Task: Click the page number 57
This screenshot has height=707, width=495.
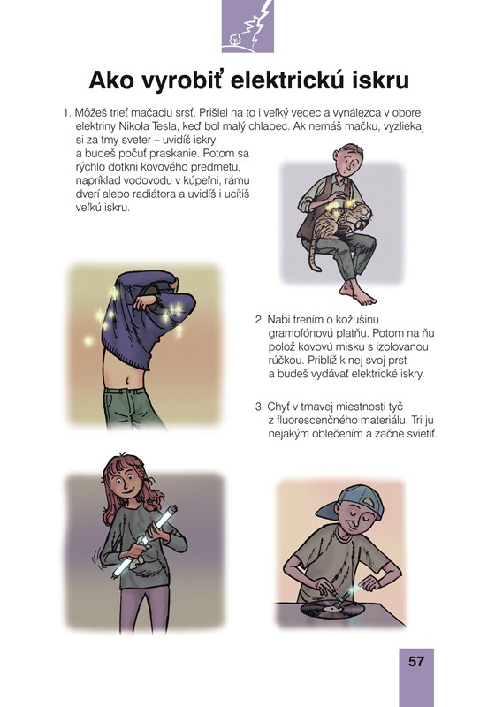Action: pos(416,661)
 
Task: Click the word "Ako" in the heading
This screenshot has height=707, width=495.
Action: pos(111,80)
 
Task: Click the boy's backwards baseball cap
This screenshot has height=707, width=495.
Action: pos(350,502)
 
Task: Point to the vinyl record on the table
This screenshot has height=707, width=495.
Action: pos(332,610)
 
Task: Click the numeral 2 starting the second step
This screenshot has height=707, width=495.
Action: pos(258,320)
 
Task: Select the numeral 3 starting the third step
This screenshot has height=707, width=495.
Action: pos(258,407)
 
